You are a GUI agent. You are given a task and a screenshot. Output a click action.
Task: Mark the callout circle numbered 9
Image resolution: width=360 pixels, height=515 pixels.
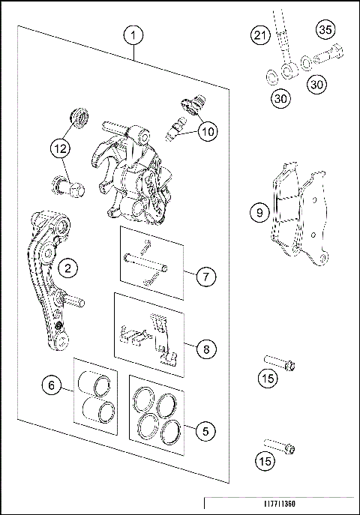[259, 212]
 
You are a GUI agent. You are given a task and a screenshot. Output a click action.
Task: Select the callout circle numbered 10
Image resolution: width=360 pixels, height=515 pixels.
[207, 131]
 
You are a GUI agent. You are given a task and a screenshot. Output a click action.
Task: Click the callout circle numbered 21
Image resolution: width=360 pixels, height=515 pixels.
[260, 35]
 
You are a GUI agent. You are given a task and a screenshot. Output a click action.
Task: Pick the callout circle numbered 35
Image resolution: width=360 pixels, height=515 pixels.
[325, 31]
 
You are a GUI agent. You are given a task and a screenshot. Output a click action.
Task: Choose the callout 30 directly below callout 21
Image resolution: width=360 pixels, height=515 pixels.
[279, 97]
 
